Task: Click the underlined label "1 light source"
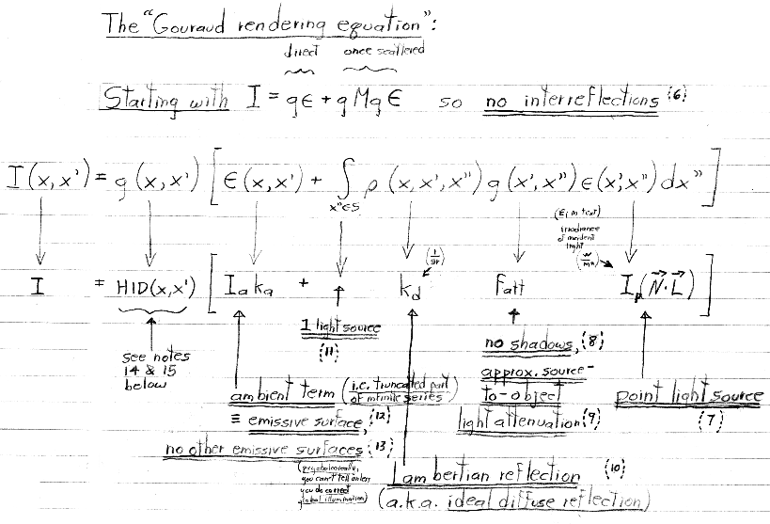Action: tap(340, 326)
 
